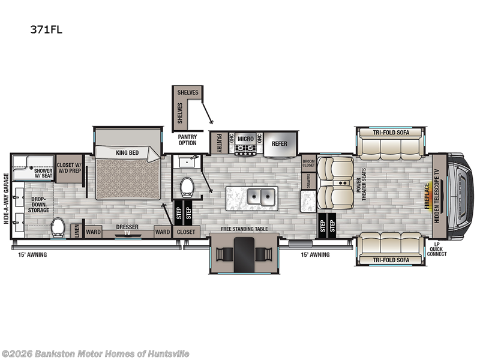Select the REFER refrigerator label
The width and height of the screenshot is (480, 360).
280,143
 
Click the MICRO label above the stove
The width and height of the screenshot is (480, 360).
245,139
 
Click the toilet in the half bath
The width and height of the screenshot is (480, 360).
187,187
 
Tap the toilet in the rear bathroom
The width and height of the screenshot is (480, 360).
58,227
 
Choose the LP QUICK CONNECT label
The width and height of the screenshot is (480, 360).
437,249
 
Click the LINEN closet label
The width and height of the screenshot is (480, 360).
76,231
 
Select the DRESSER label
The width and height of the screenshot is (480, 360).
127,227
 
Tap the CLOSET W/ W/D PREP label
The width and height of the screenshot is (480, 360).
70,167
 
